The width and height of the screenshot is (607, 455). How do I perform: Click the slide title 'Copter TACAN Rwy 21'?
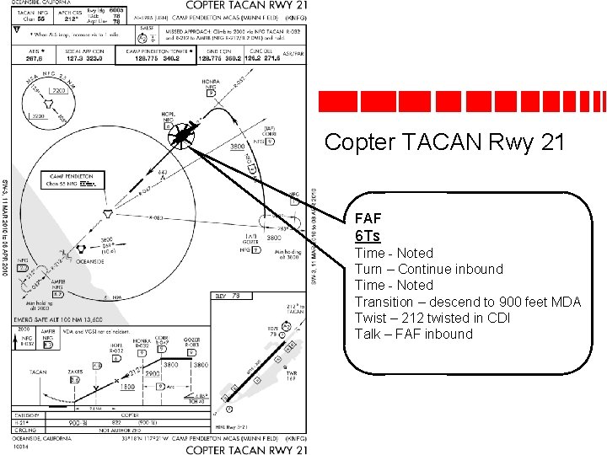tap(444, 142)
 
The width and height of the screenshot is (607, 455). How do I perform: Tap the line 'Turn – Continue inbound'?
tap(428, 269)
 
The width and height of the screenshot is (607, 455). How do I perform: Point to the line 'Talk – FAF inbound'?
tap(413, 334)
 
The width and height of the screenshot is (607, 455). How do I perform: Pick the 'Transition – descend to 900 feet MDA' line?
tap(467, 302)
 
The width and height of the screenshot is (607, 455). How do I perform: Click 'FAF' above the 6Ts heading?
tap(368, 217)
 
